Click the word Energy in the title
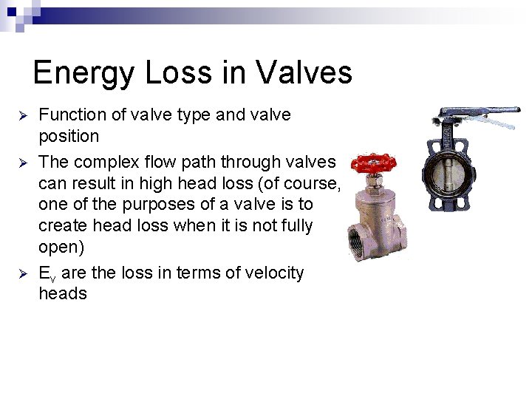pyautogui.click(x=79, y=73)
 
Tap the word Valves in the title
pyautogui.click(x=304, y=73)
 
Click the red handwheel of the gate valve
pyautogui.click(x=373, y=163)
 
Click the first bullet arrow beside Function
pyautogui.click(x=23, y=116)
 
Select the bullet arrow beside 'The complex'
pyautogui.click(x=23, y=163)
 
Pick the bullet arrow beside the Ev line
pyautogui.click(x=23, y=273)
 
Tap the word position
pyautogui.click(x=69, y=137)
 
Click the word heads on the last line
pyautogui.click(x=63, y=294)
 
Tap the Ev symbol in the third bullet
pyautogui.click(x=47, y=274)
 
